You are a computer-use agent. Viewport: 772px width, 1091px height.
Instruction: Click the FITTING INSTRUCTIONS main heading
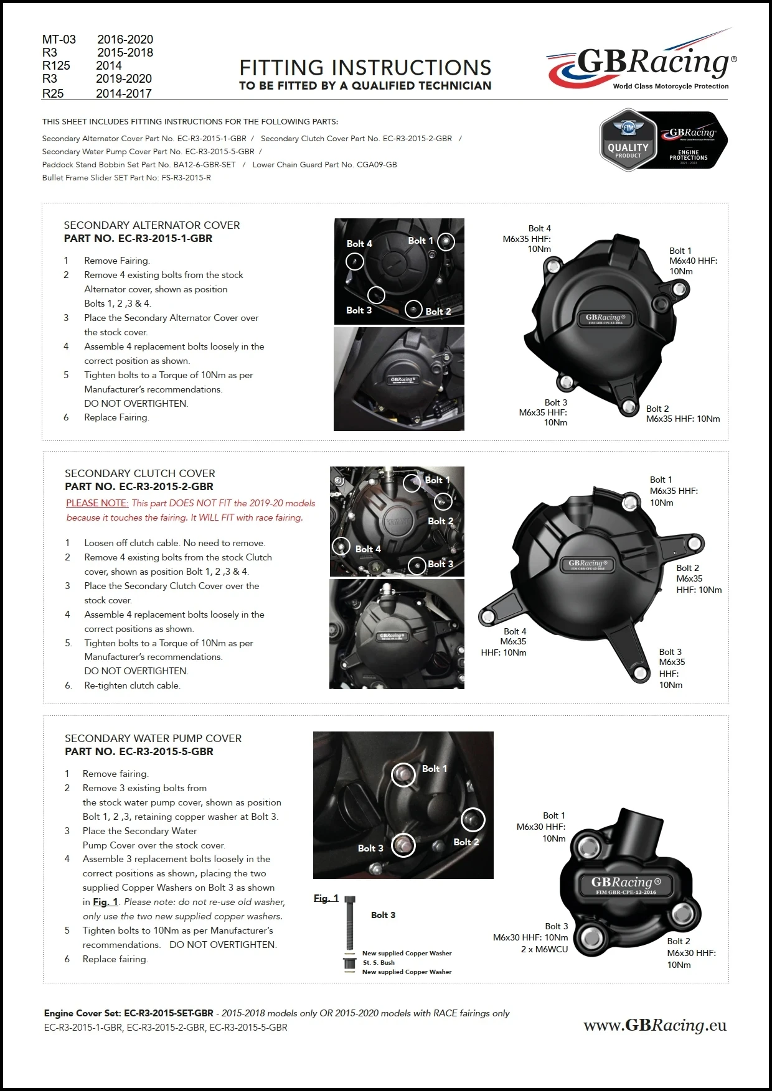pyautogui.click(x=365, y=68)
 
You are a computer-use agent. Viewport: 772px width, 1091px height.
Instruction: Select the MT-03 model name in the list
pyautogui.click(x=59, y=39)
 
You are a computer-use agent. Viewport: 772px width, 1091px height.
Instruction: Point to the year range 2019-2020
pyautogui.click(x=124, y=78)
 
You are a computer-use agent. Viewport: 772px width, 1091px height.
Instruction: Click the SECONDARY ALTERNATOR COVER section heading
pyautogui.click(x=152, y=225)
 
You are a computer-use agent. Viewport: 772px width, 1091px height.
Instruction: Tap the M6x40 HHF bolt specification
pyautogui.click(x=693, y=261)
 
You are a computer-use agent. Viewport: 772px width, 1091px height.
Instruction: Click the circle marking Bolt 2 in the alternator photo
pyautogui.click(x=413, y=309)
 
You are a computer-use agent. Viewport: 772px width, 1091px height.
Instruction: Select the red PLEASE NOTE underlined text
pyautogui.click(x=97, y=503)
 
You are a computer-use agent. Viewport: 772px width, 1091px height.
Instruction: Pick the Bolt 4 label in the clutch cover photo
pyautogui.click(x=368, y=549)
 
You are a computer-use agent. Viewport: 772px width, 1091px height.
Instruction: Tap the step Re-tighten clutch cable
pyautogui.click(x=132, y=685)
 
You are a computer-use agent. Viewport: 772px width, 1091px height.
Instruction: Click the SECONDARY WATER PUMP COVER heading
pyautogui.click(x=153, y=738)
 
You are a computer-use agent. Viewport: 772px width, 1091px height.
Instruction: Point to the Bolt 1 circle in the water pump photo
pyautogui.click(x=403, y=774)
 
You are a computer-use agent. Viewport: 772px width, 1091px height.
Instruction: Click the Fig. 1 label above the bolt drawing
pyautogui.click(x=326, y=898)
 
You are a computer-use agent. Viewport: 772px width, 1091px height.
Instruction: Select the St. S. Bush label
pyautogui.click(x=379, y=962)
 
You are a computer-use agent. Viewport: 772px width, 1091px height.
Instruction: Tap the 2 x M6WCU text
pyautogui.click(x=544, y=949)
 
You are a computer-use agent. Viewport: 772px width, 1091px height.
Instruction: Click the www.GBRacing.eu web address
pyautogui.click(x=655, y=1025)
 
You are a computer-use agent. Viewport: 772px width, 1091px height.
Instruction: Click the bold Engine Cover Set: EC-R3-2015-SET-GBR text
pyautogui.click(x=129, y=1013)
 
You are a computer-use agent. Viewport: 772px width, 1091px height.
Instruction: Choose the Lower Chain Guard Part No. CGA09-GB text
pyautogui.click(x=324, y=165)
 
